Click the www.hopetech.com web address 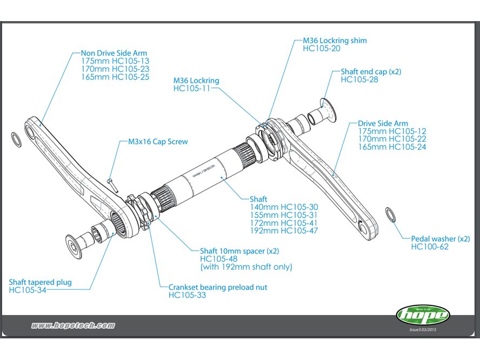click(x=73, y=325)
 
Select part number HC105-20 click(x=322, y=49)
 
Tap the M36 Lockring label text click(x=196, y=80)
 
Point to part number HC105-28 click(x=359, y=79)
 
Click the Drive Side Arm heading click(x=383, y=123)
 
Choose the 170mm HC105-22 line click(x=392, y=139)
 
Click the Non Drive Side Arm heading click(x=114, y=53)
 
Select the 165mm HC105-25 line click(x=115, y=77)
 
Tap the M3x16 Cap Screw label click(x=158, y=142)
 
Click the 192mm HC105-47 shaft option click(x=284, y=230)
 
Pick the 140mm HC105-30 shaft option click(x=284, y=207)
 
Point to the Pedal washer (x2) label click(x=441, y=238)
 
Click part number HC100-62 click(x=430, y=246)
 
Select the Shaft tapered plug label click(x=40, y=282)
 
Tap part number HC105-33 click(x=187, y=295)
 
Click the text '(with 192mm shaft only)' click(x=246, y=266)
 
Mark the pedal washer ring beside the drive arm click(x=390, y=214)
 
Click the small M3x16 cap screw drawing click(x=111, y=183)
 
